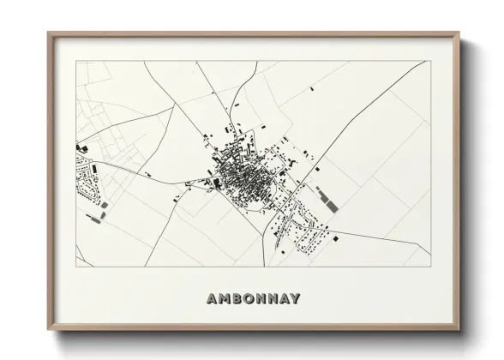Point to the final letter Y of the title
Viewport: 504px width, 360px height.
coord(296,299)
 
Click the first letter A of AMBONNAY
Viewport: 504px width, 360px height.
coord(212,299)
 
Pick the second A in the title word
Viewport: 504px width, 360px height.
coord(284,299)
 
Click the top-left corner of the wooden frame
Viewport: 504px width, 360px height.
coord(48,33)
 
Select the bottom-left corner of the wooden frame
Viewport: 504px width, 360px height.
coord(48,329)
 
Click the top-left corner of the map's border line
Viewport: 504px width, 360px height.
coord(76,61)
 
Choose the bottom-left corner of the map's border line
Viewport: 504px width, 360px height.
coord(76,267)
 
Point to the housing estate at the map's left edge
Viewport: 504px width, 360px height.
coord(87,184)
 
